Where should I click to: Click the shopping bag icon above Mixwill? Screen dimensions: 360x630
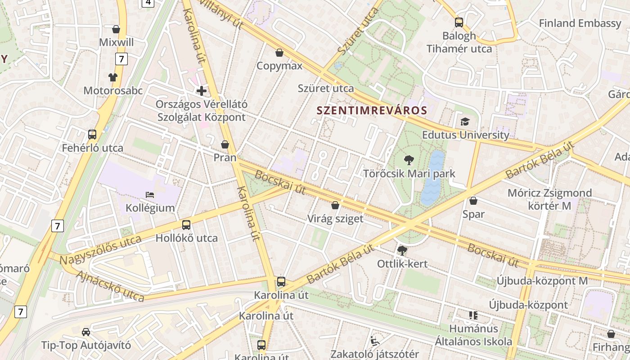(x=116, y=29)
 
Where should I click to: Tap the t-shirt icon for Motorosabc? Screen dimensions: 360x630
(x=112, y=77)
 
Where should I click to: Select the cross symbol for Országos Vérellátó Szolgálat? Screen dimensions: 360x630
(x=202, y=91)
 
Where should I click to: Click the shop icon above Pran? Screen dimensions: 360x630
(x=225, y=144)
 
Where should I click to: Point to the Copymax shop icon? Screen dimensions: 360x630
(x=279, y=53)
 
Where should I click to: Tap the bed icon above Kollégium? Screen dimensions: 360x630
(x=150, y=195)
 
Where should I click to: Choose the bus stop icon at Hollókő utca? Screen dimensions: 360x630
(x=186, y=225)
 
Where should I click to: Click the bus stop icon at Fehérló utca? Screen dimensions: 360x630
(x=92, y=134)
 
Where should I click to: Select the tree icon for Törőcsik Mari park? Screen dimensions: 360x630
(x=409, y=160)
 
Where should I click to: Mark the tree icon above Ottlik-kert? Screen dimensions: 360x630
(x=402, y=250)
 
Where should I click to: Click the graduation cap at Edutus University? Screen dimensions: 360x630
(x=465, y=121)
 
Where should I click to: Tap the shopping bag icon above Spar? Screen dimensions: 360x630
(x=473, y=201)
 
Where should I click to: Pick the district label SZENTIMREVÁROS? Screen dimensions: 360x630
(x=372, y=110)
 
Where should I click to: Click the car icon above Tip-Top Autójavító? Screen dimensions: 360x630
(x=86, y=332)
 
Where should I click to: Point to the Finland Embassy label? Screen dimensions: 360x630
(x=580, y=23)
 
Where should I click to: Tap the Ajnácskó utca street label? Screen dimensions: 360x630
(x=110, y=286)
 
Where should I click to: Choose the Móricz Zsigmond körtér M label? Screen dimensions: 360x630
(x=549, y=199)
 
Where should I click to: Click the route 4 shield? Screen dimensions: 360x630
(x=148, y=3)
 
